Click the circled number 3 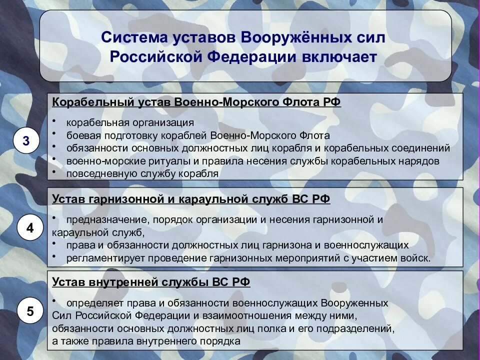pos(26,141)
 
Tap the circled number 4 pos(30,228)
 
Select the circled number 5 pos(30,311)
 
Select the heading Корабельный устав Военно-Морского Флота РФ pos(196,102)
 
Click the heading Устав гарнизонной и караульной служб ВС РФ pos(191,198)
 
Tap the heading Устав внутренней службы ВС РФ pos(151,282)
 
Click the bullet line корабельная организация pos(130,122)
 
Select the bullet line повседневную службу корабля pos(142,174)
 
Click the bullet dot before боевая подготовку pos(53,134)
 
